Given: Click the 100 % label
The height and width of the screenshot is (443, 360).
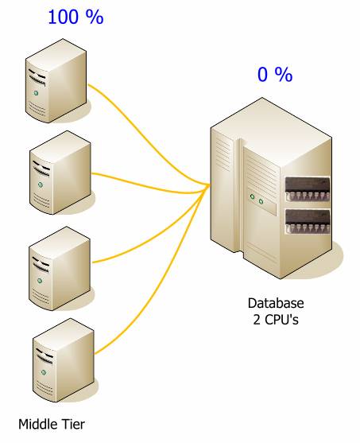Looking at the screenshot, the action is (x=75, y=17).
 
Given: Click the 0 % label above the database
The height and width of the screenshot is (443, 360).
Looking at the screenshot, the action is (x=275, y=75).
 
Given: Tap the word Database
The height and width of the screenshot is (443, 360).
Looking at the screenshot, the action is (x=276, y=303).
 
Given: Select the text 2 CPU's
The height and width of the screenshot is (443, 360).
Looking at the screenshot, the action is (x=276, y=320).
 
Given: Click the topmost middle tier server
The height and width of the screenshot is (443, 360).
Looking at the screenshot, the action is (x=56, y=81).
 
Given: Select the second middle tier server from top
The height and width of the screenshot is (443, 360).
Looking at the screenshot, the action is (x=60, y=173).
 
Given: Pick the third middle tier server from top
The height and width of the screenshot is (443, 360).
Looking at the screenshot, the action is (x=60, y=269).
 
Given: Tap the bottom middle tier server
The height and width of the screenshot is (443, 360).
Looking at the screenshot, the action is (x=64, y=360).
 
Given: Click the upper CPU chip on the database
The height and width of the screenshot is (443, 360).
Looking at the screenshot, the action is (x=308, y=188).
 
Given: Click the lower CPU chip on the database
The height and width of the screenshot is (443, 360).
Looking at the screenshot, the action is (x=308, y=221).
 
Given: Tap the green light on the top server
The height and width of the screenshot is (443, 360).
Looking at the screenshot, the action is (x=36, y=93).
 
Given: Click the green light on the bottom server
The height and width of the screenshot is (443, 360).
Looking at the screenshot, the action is (x=44, y=372).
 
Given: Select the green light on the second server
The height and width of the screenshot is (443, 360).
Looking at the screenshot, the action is (x=41, y=185).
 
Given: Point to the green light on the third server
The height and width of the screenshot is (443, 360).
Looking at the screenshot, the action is (x=40, y=281).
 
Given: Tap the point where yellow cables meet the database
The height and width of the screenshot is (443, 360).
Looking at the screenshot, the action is (x=210, y=185).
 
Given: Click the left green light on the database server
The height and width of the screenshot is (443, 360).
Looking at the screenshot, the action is (x=252, y=196).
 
